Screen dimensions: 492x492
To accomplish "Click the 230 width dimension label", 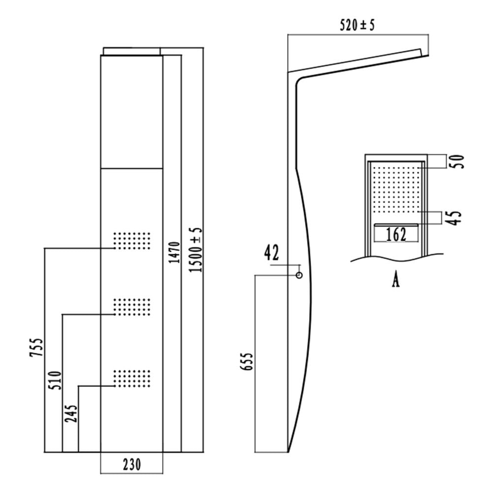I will [131, 464].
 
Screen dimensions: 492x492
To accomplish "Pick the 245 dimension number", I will [71, 414].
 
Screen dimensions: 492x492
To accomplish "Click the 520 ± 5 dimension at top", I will [357, 26].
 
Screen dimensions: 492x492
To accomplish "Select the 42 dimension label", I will [271, 253].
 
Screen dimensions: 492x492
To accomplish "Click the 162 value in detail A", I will [396, 234].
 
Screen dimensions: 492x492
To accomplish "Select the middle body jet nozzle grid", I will [131, 306].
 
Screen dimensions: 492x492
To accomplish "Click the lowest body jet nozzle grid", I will [131, 377].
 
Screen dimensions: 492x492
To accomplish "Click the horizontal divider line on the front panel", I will [131, 168].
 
